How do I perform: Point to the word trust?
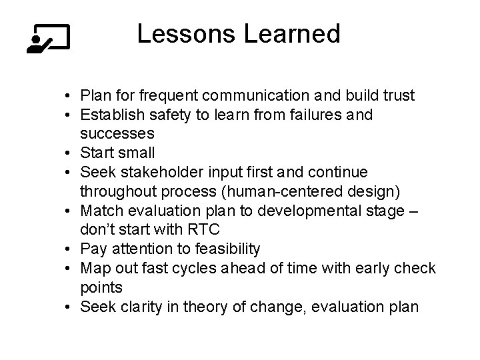pyautogui.click(x=396, y=96)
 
